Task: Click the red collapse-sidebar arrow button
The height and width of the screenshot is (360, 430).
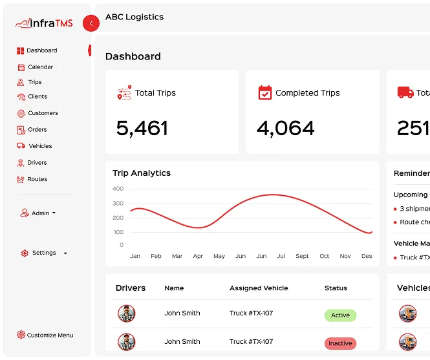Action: [x=91, y=23]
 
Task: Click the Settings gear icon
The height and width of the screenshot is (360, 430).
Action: [x=25, y=253]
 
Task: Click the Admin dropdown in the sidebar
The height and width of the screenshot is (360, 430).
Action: [x=38, y=213]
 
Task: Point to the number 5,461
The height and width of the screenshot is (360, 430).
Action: [x=142, y=129]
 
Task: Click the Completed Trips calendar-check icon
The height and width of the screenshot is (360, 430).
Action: [x=265, y=92]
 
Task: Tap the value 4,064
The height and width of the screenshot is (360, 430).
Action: [x=285, y=129]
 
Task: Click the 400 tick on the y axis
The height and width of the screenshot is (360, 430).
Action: [x=118, y=189]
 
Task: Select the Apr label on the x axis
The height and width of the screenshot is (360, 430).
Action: [x=198, y=256]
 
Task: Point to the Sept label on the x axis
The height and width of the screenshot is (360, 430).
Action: [x=302, y=256]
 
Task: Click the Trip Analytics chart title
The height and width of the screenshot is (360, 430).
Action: [x=142, y=173]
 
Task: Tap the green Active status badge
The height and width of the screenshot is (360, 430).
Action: [x=340, y=315]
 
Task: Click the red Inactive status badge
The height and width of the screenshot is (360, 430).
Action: [x=340, y=343]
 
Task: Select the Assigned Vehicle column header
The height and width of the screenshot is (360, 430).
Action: [x=259, y=288]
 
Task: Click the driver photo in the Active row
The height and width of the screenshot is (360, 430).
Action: [x=127, y=313]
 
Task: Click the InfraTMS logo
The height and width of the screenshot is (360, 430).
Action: [x=44, y=23]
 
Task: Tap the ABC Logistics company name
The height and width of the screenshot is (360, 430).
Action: [x=134, y=17]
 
